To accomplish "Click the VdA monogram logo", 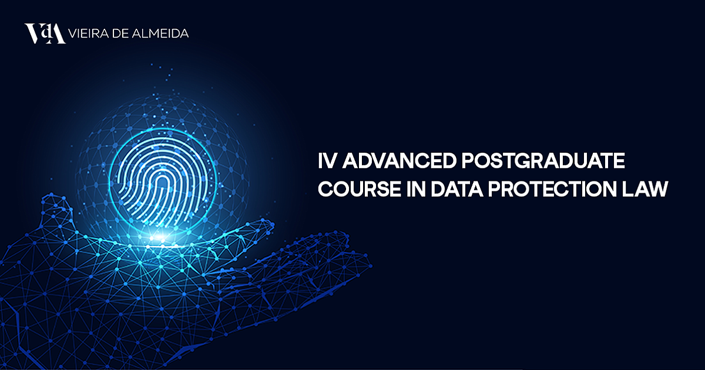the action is click(x=45, y=33).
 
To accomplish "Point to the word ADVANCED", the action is click(x=399, y=161).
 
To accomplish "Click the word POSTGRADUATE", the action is click(x=543, y=161).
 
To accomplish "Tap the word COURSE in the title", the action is click(x=360, y=189).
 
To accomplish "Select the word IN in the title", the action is click(x=416, y=189).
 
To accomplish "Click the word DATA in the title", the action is click(x=456, y=189).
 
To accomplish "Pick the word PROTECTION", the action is click(x=552, y=189).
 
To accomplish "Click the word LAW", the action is click(x=645, y=189).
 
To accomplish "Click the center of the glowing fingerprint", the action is click(x=162, y=181).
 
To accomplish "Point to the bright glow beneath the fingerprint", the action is click(x=160, y=237).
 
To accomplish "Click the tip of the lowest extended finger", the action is click(x=369, y=267).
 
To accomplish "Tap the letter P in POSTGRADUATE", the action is click(x=469, y=161).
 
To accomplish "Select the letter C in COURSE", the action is click(x=325, y=189).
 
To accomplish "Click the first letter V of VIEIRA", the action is click(x=73, y=33).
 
